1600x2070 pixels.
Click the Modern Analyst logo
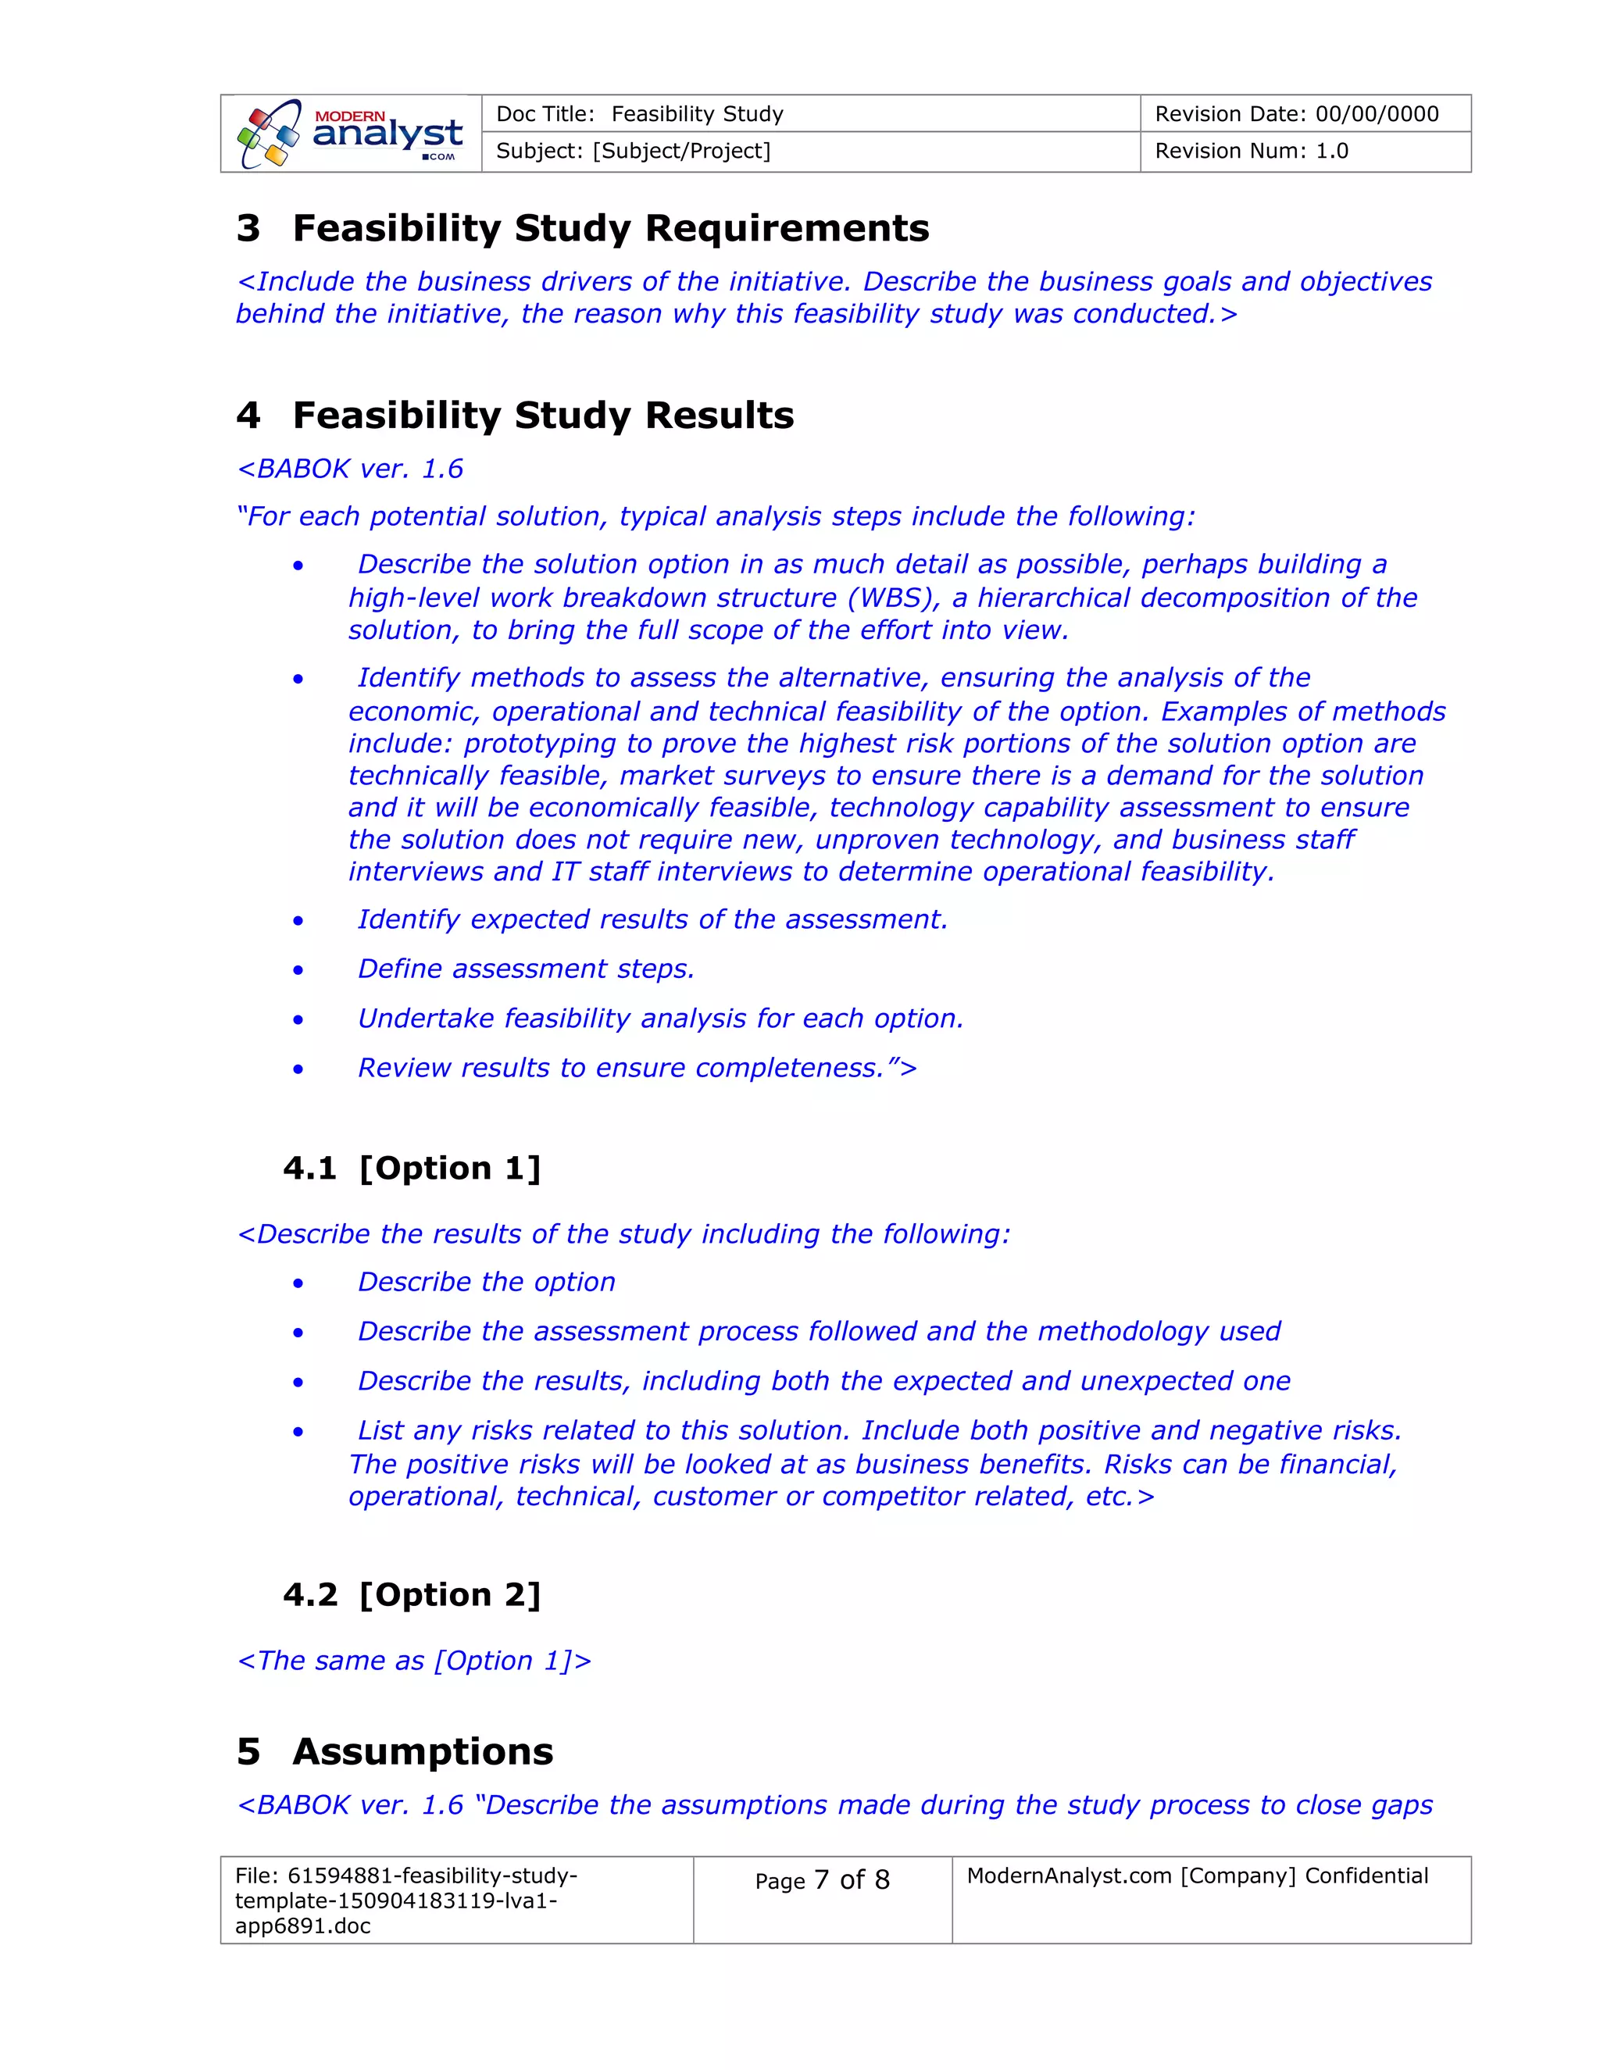pos(351,134)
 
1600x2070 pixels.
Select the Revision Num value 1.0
pos(1332,152)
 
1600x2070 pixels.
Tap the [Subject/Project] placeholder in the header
pos(681,152)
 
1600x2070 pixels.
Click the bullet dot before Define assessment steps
pos(298,970)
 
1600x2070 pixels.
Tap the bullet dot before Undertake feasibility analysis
pos(298,1020)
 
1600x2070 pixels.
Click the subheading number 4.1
pos(310,1169)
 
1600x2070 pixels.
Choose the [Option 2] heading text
pos(449,1595)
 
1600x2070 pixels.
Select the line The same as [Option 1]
pos(414,1661)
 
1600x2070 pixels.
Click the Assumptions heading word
pos(423,1751)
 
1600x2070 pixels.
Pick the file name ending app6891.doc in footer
pos(302,1926)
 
